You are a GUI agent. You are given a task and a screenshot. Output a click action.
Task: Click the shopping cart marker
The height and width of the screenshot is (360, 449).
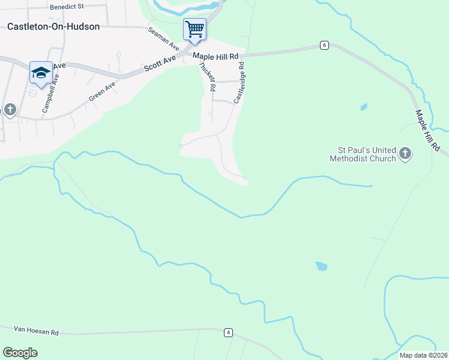coord(194,29)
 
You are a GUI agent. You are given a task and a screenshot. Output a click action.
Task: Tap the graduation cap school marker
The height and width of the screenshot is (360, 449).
coord(41,73)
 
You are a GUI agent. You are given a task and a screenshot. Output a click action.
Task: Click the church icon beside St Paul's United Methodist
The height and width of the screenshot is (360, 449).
coord(406,154)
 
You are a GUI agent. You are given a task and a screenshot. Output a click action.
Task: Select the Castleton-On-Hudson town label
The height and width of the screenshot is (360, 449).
coord(53,27)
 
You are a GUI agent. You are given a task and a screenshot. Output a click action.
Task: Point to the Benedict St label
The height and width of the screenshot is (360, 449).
coord(68,7)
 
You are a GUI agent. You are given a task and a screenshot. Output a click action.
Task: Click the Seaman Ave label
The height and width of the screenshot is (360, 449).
coord(164,39)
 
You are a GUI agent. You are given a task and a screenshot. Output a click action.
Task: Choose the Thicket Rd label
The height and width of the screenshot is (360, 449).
coord(207,76)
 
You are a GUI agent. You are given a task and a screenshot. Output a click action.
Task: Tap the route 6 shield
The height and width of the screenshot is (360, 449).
coord(324,45)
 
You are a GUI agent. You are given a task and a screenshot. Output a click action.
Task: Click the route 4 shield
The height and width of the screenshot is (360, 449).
coord(228,332)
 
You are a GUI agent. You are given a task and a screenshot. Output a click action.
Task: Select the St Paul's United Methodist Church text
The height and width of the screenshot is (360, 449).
coord(363,154)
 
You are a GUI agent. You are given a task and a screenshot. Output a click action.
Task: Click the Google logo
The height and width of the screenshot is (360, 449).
coord(20,352)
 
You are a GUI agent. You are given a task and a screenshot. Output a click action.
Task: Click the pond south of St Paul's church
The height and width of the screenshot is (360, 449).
coord(322,266)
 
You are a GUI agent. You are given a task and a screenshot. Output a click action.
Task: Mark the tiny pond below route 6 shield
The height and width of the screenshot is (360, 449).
coord(364,107)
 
